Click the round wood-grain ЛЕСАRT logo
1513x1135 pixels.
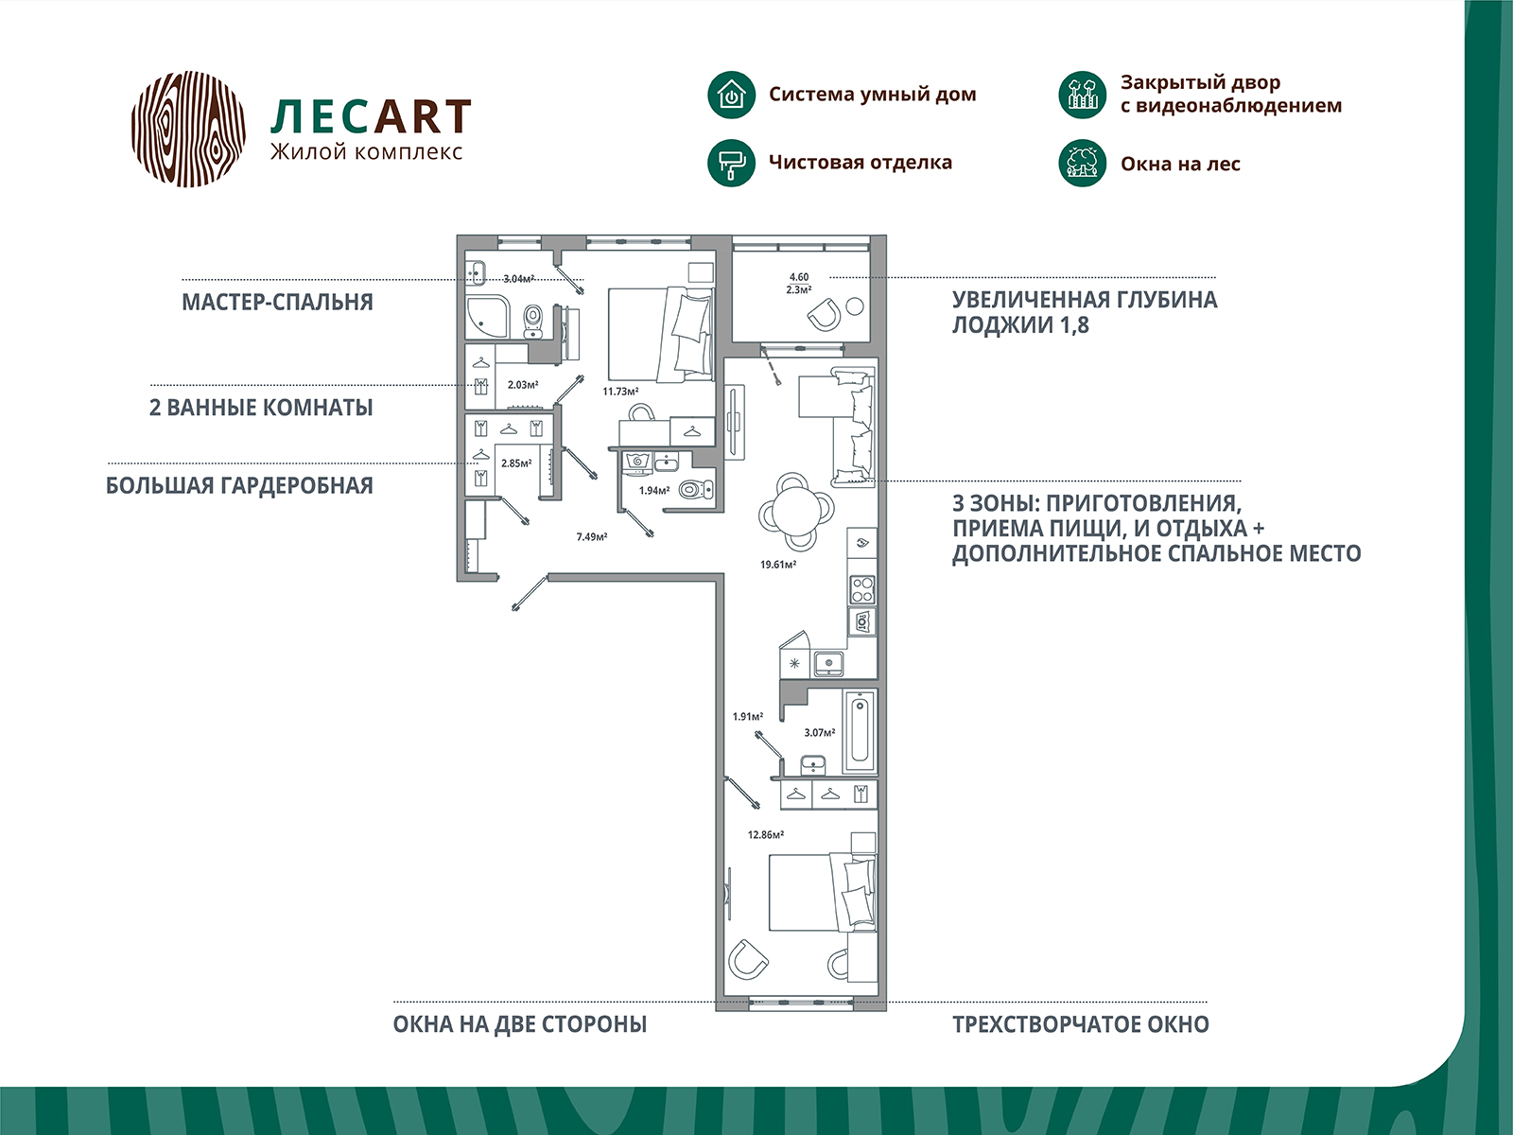click(x=188, y=129)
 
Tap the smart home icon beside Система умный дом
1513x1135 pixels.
click(x=731, y=95)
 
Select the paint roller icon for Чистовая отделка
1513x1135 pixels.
click(x=731, y=164)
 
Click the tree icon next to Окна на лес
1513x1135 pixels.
click(x=1082, y=164)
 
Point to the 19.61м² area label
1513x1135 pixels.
click(x=778, y=565)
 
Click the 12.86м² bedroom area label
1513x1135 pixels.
click(x=766, y=834)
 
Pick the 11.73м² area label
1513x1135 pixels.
click(x=620, y=392)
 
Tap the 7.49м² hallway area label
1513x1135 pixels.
click(x=592, y=537)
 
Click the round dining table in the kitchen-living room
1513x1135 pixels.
click(x=796, y=512)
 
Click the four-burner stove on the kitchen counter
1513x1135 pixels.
click(x=862, y=590)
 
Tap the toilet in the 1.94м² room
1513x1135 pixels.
click(x=695, y=490)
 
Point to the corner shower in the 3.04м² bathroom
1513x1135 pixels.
click(x=487, y=318)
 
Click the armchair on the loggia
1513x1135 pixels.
click(x=824, y=315)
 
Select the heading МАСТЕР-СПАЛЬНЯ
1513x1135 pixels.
click(x=277, y=302)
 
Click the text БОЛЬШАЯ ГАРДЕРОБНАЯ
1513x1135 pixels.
click(x=239, y=486)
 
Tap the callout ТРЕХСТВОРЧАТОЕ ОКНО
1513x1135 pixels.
click(x=1081, y=1024)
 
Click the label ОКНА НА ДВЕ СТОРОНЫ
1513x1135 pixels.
click(x=520, y=1024)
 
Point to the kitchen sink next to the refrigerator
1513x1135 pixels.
click(x=827, y=664)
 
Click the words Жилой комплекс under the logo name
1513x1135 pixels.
click(x=366, y=152)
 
